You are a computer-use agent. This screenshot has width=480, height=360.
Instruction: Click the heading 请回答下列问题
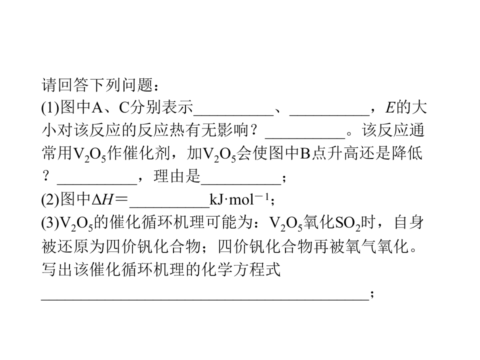pos(97,85)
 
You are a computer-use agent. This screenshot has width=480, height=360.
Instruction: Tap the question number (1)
pos(50,108)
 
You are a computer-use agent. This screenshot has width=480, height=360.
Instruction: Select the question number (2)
pos(50,199)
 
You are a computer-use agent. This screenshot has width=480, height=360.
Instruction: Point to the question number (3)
pos(50,223)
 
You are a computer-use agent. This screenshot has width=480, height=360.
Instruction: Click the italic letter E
pos(390,108)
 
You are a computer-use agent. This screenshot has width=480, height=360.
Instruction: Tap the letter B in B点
pos(305,153)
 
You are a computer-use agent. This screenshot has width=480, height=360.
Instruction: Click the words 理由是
pos(177,176)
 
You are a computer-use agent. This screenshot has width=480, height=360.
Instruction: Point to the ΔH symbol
pos(102,200)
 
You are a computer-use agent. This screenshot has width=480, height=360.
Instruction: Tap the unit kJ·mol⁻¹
pos(239,199)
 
